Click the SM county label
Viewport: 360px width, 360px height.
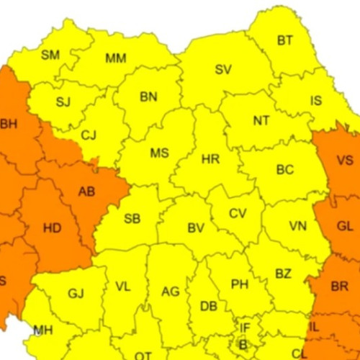(x=50, y=55)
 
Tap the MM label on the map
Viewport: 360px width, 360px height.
(x=116, y=58)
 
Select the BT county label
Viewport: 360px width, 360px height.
(x=285, y=40)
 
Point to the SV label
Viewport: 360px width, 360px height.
(x=223, y=70)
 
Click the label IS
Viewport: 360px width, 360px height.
(x=316, y=101)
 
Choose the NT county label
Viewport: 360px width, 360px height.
(x=261, y=121)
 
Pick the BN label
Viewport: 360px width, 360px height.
(x=149, y=96)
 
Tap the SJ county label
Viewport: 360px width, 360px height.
(x=63, y=102)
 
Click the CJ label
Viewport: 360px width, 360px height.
(x=89, y=135)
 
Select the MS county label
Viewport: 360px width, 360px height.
(x=159, y=153)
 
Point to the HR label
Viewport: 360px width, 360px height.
(x=211, y=159)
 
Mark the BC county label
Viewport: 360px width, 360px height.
(x=285, y=170)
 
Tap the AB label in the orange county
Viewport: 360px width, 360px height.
(x=86, y=192)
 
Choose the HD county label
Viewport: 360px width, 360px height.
(x=53, y=229)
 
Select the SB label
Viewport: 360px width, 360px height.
(x=132, y=220)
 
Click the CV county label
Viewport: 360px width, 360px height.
(x=238, y=213)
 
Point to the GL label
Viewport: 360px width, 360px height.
(x=346, y=226)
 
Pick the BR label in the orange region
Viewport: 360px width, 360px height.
(x=340, y=285)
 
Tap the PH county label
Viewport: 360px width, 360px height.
(x=240, y=284)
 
